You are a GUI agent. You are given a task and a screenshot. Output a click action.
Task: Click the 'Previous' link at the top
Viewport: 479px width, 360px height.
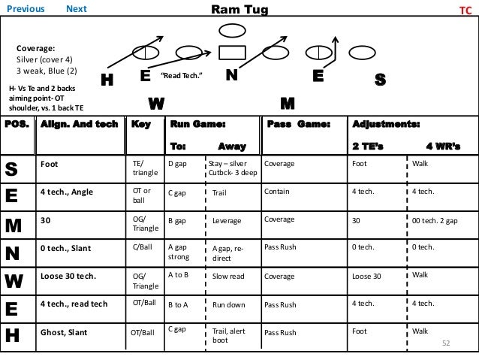[27, 9]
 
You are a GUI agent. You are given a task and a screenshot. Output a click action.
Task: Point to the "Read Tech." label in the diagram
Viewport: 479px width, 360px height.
[182, 77]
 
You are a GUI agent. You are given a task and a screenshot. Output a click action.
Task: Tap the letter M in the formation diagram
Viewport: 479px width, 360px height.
[288, 102]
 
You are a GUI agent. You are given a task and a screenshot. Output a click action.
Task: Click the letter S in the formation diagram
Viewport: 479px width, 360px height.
[380, 80]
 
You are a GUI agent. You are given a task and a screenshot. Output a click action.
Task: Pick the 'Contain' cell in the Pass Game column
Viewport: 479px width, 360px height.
[277, 192]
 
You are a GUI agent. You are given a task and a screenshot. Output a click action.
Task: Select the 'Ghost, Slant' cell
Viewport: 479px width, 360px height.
[63, 330]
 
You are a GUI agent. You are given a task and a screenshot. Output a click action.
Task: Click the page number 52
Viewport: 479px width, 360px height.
[445, 343]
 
